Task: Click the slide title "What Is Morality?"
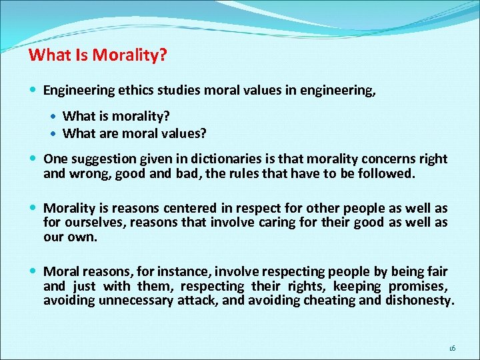(97, 54)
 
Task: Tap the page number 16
(452, 347)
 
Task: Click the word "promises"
(418, 286)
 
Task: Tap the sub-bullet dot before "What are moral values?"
(55, 133)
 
